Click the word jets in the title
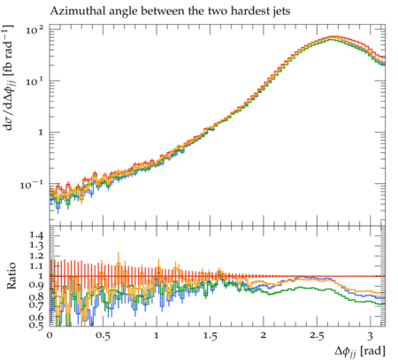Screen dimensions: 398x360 pyautogui.click(x=281, y=11)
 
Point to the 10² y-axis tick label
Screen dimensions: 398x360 pyautogui.click(x=34, y=30)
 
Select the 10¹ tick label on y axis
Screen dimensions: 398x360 pyautogui.click(x=34, y=80)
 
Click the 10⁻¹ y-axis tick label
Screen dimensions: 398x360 pyautogui.click(x=31, y=185)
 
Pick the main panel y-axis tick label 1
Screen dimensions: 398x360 pyautogui.click(x=41, y=133)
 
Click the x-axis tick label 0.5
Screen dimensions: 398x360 pyautogui.click(x=103, y=336)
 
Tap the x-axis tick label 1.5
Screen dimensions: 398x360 pyautogui.click(x=210, y=336)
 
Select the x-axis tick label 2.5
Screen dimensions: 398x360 pyautogui.click(x=317, y=336)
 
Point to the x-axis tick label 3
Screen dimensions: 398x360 pyautogui.click(x=370, y=336)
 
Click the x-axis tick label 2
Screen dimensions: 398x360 pyautogui.click(x=263, y=336)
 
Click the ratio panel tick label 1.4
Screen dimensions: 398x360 pyautogui.click(x=36, y=235)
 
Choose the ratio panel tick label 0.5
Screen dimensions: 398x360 pyautogui.click(x=36, y=325)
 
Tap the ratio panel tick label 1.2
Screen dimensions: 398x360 pyautogui.click(x=36, y=256)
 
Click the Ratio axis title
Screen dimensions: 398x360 pyautogui.click(x=11, y=276)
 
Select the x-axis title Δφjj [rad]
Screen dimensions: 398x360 pyautogui.click(x=360, y=351)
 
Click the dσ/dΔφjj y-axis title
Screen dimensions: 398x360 pyautogui.click(x=10, y=78)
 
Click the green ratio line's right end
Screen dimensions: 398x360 pyautogui.click(x=385, y=303)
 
